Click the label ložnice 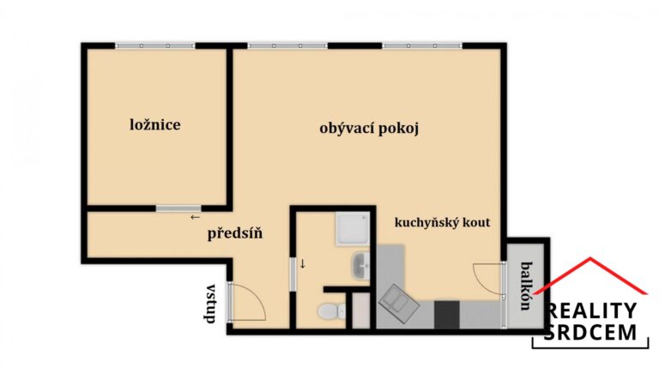(155, 125)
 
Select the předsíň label (234, 232)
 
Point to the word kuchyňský (426, 222)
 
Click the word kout (475, 222)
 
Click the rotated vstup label (209, 304)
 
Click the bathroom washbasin (360, 266)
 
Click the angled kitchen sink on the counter (397, 301)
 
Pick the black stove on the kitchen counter (447, 314)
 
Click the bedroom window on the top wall (154, 45)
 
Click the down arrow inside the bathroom (302, 263)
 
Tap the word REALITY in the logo (592, 311)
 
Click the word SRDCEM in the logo (592, 333)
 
